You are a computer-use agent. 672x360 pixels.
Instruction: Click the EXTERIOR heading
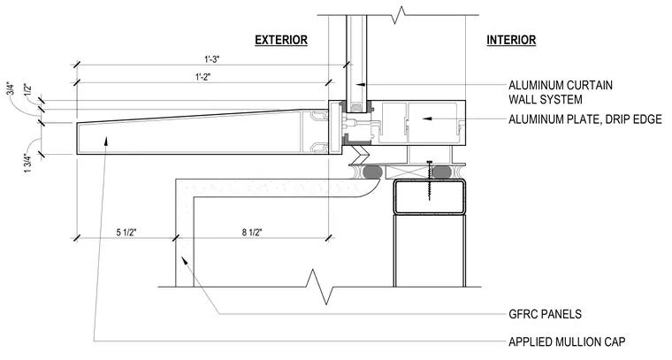[x=281, y=40]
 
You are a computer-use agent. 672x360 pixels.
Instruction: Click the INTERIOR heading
[x=511, y=40]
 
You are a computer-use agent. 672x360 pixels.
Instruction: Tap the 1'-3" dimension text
[x=211, y=59]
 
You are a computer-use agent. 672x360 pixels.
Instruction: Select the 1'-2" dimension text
[x=203, y=77]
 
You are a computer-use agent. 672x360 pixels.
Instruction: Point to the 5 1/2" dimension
[x=126, y=233]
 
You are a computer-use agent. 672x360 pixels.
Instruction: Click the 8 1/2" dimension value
[x=252, y=233]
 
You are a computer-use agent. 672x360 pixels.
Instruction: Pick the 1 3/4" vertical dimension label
[x=28, y=164]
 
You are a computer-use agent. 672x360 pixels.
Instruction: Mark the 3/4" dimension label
[x=11, y=88]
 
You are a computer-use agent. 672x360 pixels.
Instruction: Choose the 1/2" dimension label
[x=28, y=90]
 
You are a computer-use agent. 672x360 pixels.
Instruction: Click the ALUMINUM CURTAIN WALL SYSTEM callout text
[x=561, y=92]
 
